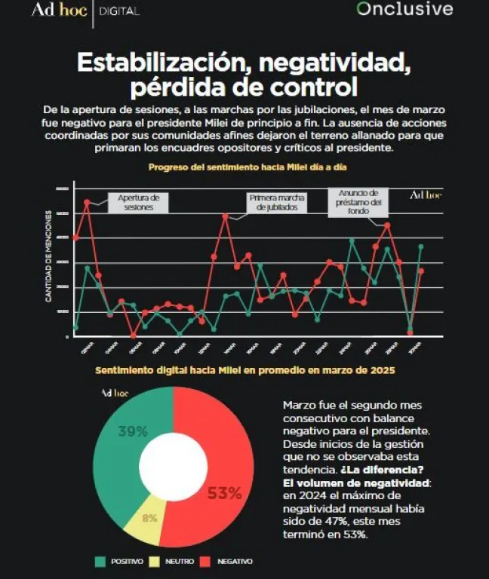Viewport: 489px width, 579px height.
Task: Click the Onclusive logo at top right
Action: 404,10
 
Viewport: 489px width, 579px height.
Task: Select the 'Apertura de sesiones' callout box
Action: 138,202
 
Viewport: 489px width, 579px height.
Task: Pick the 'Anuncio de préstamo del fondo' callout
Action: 358,202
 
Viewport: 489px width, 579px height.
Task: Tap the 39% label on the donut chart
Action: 132,431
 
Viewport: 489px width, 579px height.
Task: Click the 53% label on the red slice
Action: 224,494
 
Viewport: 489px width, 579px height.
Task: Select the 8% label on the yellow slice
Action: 149,518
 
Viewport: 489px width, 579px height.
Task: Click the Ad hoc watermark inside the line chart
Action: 425,195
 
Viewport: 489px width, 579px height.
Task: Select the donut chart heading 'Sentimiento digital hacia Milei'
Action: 244,371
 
